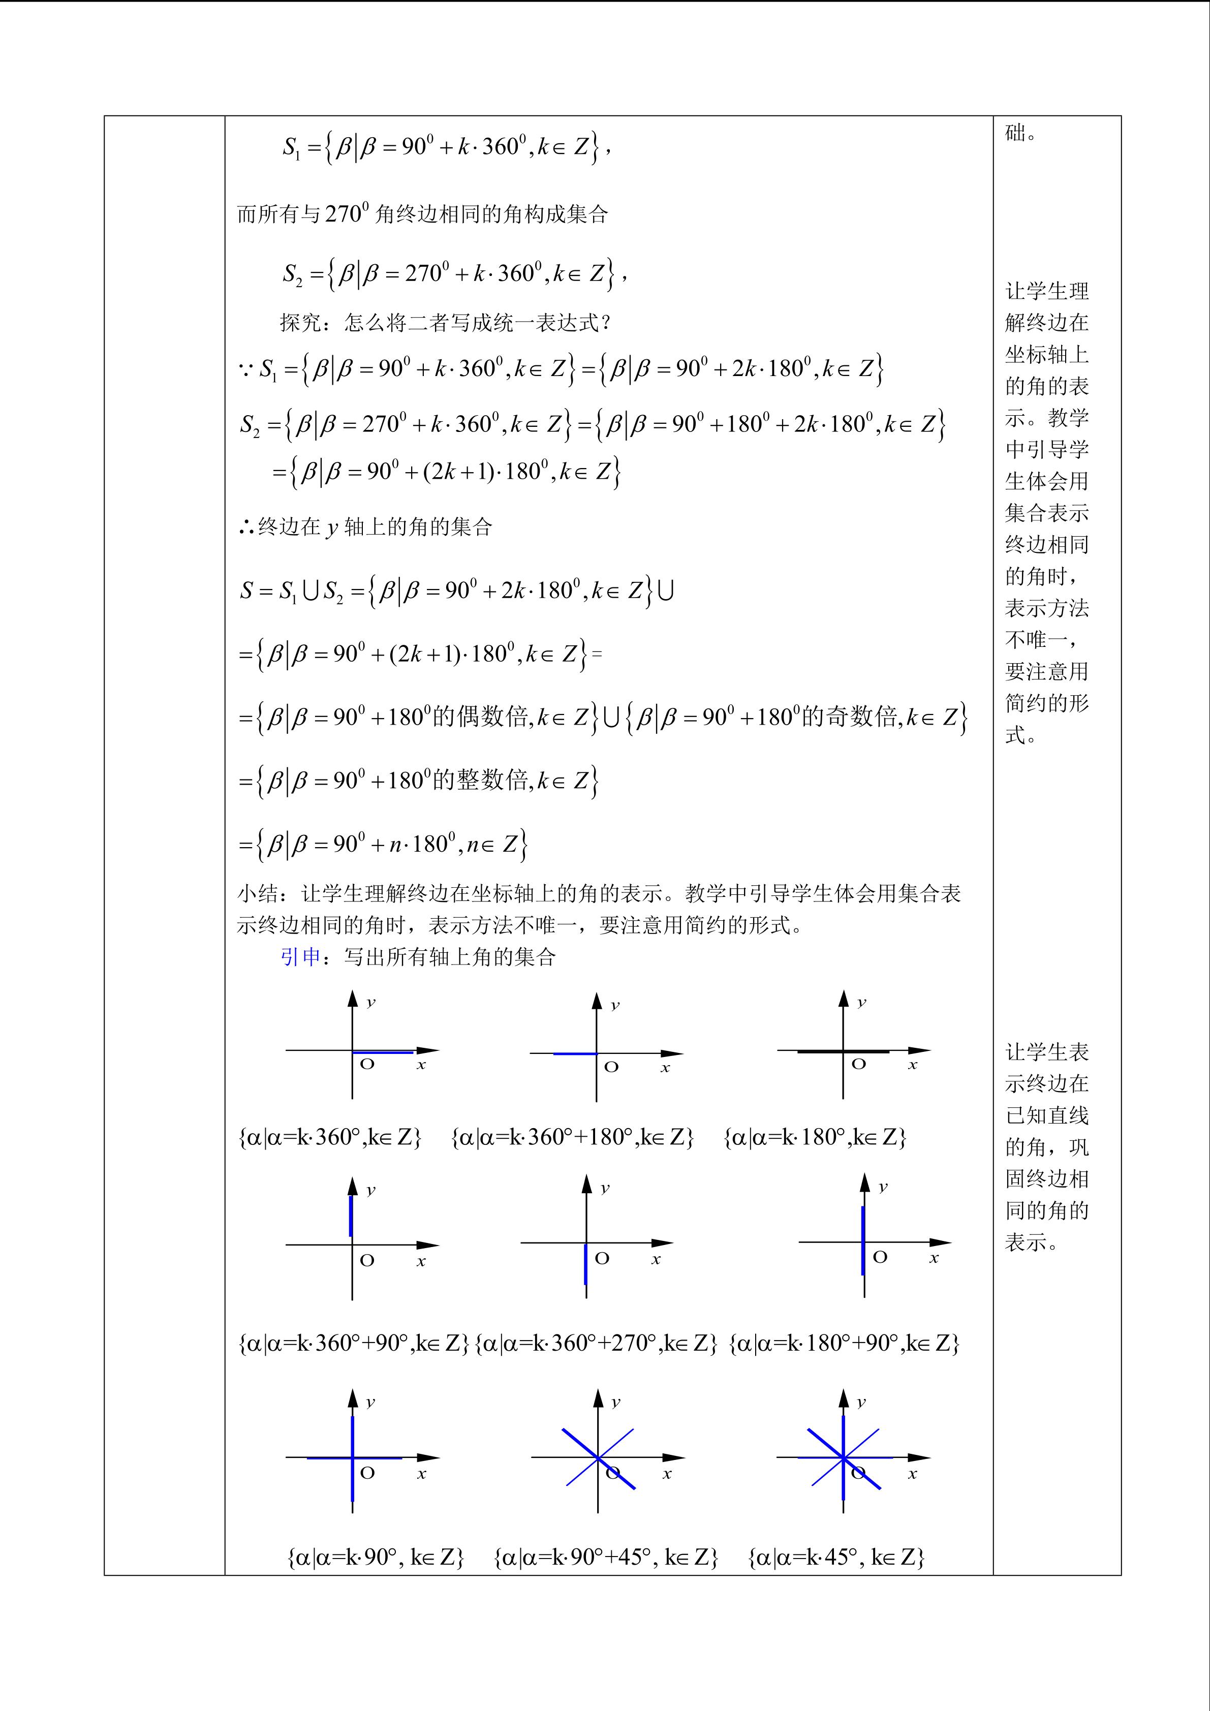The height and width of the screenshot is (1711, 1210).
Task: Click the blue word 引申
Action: coord(300,957)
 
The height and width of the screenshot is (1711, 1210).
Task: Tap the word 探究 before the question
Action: coord(300,323)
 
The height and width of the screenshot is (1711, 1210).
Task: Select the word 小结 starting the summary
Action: coord(258,893)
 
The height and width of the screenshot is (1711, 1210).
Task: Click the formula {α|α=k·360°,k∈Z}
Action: coord(330,1137)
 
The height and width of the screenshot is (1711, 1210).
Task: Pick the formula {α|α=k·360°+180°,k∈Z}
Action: coord(572,1137)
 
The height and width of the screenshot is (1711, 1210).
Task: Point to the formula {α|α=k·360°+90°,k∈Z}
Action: coord(353,1343)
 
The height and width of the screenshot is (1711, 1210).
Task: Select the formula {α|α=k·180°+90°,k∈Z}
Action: coord(844,1343)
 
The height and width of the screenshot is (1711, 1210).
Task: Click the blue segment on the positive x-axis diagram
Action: coord(383,1052)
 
